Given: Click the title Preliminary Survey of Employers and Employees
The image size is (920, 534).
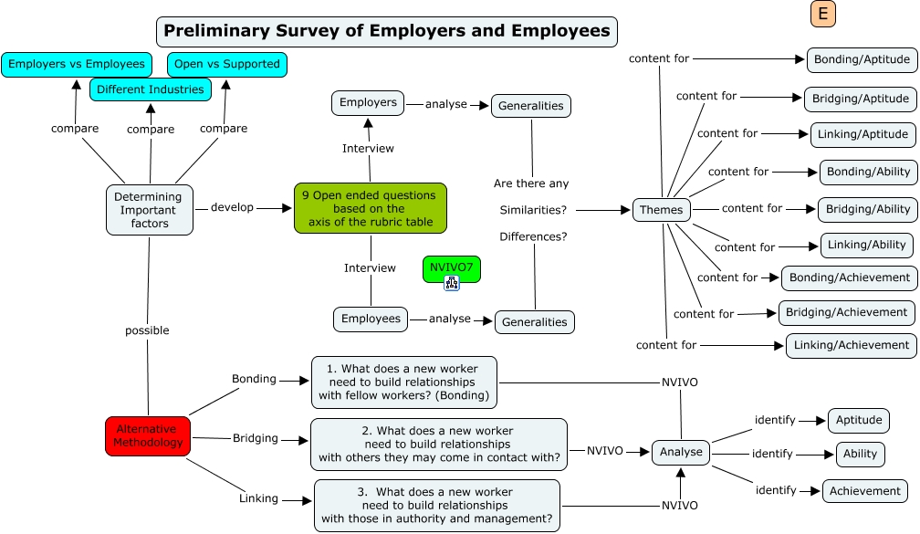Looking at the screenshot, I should coord(387,31).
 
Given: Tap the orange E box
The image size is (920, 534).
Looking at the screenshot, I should coord(822,14).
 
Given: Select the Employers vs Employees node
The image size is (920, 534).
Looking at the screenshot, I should coord(77,64).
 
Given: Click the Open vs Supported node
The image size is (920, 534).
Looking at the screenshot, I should coord(226,64).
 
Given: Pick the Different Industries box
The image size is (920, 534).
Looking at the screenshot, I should coord(151,89).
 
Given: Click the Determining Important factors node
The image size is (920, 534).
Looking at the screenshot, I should coord(149,209).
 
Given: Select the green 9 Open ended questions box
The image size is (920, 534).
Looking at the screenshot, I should coord(370,208).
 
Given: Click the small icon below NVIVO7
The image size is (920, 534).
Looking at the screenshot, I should coord(451,284).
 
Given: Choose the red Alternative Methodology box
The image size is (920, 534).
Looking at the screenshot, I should coord(148,435).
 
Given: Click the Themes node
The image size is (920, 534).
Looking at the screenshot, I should coord(661,210).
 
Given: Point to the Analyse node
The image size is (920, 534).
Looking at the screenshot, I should coord(681,452).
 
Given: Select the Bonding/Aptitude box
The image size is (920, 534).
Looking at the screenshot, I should coord(862,60).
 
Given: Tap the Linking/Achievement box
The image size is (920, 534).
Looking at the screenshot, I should coord(851,345).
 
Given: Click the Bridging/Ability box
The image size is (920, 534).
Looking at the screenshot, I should coord(867,209).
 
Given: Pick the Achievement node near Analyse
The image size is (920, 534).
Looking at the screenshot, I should coord(865,491).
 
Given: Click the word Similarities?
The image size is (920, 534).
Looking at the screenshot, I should coord(533,210).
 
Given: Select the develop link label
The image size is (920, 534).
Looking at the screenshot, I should coord(232,207).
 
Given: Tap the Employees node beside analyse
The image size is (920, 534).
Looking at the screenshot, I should coord(371,319).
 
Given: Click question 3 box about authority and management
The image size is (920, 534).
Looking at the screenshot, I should coord(437,505).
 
